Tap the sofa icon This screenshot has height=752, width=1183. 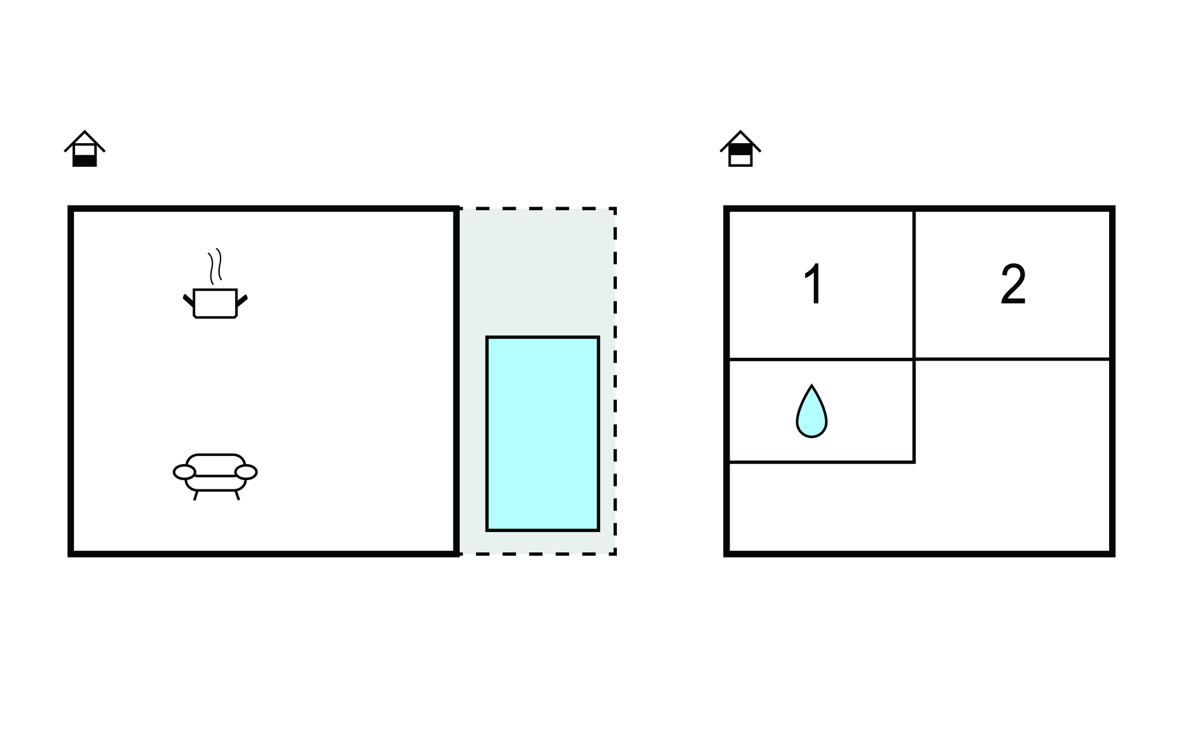coord(215,476)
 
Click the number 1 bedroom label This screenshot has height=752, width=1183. coord(814,284)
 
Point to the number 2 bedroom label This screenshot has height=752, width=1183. coord(1013,284)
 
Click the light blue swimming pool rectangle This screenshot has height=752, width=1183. coord(542,433)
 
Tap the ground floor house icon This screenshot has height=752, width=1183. coord(84,148)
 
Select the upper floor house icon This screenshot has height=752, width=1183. coord(741,148)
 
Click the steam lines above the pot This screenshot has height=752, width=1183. coord(215,266)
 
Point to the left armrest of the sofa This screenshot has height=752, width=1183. coord(184,472)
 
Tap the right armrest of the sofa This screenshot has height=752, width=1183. coord(246,472)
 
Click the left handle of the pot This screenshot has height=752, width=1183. coord(188,300)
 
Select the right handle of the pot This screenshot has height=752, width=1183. coord(242,300)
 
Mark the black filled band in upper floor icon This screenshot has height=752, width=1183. coord(741,149)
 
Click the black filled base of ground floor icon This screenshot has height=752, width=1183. coord(84,161)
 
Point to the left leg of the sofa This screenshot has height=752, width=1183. coord(196,495)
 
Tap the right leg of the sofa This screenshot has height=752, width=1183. coord(237,495)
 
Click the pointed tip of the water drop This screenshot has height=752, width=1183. coord(812,386)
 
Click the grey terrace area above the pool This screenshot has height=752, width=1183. coord(537,271)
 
